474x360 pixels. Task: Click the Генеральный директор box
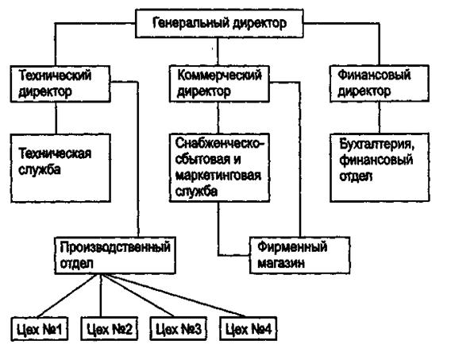(219, 24)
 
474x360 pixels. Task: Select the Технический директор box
(60, 83)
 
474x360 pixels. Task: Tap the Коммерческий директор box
(219, 83)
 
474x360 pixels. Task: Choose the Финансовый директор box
(380, 83)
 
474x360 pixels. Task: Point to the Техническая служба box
(60, 168)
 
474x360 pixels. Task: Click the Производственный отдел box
(115, 256)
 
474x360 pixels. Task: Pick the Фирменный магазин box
(299, 255)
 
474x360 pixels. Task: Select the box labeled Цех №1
(40, 328)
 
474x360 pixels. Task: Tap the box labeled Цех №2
(109, 328)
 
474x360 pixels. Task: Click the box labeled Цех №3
(179, 328)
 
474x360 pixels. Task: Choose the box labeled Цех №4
(249, 328)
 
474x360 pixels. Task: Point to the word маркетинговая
(218, 176)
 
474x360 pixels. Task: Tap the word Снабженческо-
(220, 143)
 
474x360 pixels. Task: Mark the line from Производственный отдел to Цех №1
(67, 296)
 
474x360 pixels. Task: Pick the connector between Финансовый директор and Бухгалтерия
(380, 118)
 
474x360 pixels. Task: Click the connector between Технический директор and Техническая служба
(56, 118)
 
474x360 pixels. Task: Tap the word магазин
(281, 264)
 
